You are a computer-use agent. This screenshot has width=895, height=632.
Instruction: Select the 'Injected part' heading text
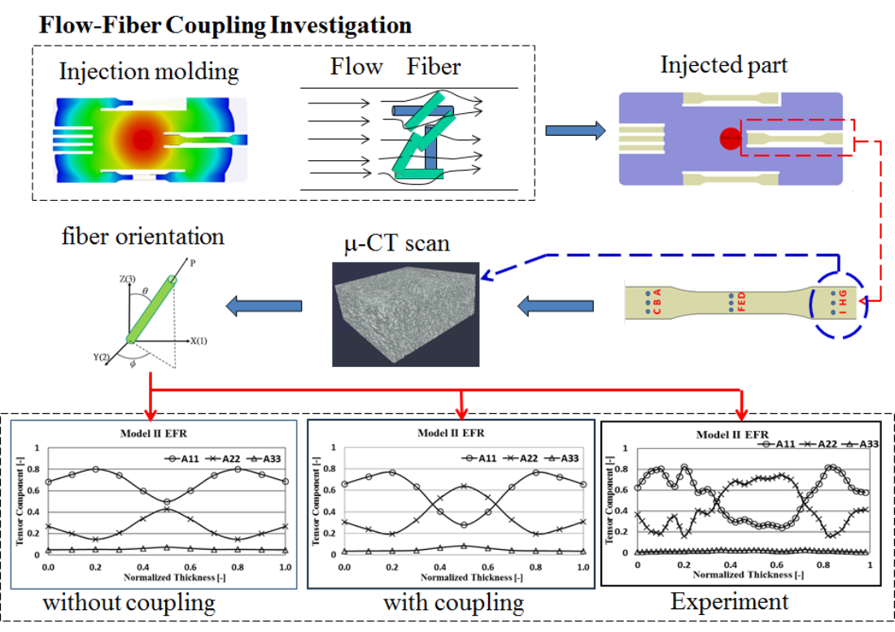click(723, 64)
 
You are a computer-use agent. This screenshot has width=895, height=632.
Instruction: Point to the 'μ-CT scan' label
click(396, 242)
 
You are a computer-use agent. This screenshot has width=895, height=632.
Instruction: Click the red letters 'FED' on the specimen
click(740, 302)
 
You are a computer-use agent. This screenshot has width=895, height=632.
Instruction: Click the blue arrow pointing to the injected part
click(574, 130)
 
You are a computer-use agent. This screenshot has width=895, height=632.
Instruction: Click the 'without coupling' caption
click(129, 603)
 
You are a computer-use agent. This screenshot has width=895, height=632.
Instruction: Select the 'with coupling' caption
click(453, 603)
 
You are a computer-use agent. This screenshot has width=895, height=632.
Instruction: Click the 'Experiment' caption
click(729, 601)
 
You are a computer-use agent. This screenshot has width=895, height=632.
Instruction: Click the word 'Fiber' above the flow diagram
click(434, 66)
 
